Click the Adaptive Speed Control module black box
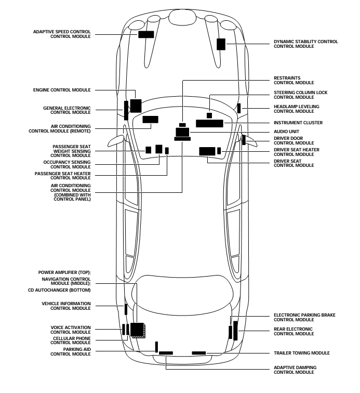(146, 35)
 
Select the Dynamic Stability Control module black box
(221, 44)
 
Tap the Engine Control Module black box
(136, 106)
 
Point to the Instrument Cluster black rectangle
(209, 123)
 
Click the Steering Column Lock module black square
(209, 115)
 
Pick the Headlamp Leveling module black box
(239, 108)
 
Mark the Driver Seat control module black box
(207, 151)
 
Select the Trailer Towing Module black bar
(199, 353)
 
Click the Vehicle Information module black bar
(126, 309)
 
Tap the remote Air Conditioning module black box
(150, 120)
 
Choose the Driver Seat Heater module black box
(219, 151)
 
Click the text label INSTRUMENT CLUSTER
(298, 123)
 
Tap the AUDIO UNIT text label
(286, 132)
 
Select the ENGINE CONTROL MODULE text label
(62, 90)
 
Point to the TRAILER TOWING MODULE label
(302, 353)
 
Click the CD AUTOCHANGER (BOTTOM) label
(59, 290)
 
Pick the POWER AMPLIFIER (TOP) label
(64, 272)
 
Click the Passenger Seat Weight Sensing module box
(148, 150)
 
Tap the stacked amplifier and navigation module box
(138, 330)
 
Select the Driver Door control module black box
(244, 140)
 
